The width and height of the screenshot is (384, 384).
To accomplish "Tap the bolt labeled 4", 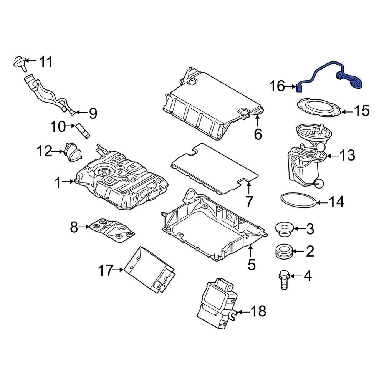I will click(284, 280).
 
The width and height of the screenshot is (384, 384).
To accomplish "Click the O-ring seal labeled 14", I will click(299, 200).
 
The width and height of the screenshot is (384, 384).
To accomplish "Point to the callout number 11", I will click(46, 61).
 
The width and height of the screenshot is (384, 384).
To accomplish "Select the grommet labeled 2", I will click(285, 252).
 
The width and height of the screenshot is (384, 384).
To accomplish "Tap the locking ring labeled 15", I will click(319, 108).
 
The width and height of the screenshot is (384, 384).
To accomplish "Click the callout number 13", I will click(346, 156).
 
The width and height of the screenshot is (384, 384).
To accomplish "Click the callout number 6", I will click(258, 134).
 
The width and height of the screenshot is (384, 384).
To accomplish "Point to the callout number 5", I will click(251, 265).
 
